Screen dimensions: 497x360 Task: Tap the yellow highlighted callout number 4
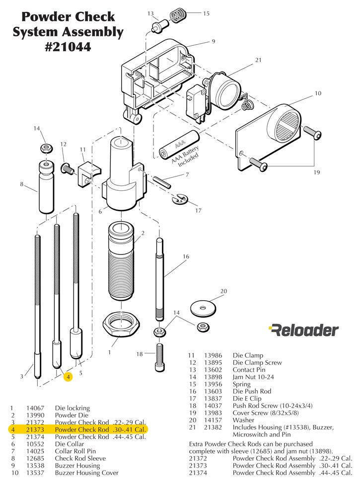click(x=69, y=377)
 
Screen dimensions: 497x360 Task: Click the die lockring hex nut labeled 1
click(x=121, y=326)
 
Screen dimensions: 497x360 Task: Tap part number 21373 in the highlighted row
click(x=35, y=429)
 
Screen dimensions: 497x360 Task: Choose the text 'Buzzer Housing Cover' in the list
click(x=86, y=473)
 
